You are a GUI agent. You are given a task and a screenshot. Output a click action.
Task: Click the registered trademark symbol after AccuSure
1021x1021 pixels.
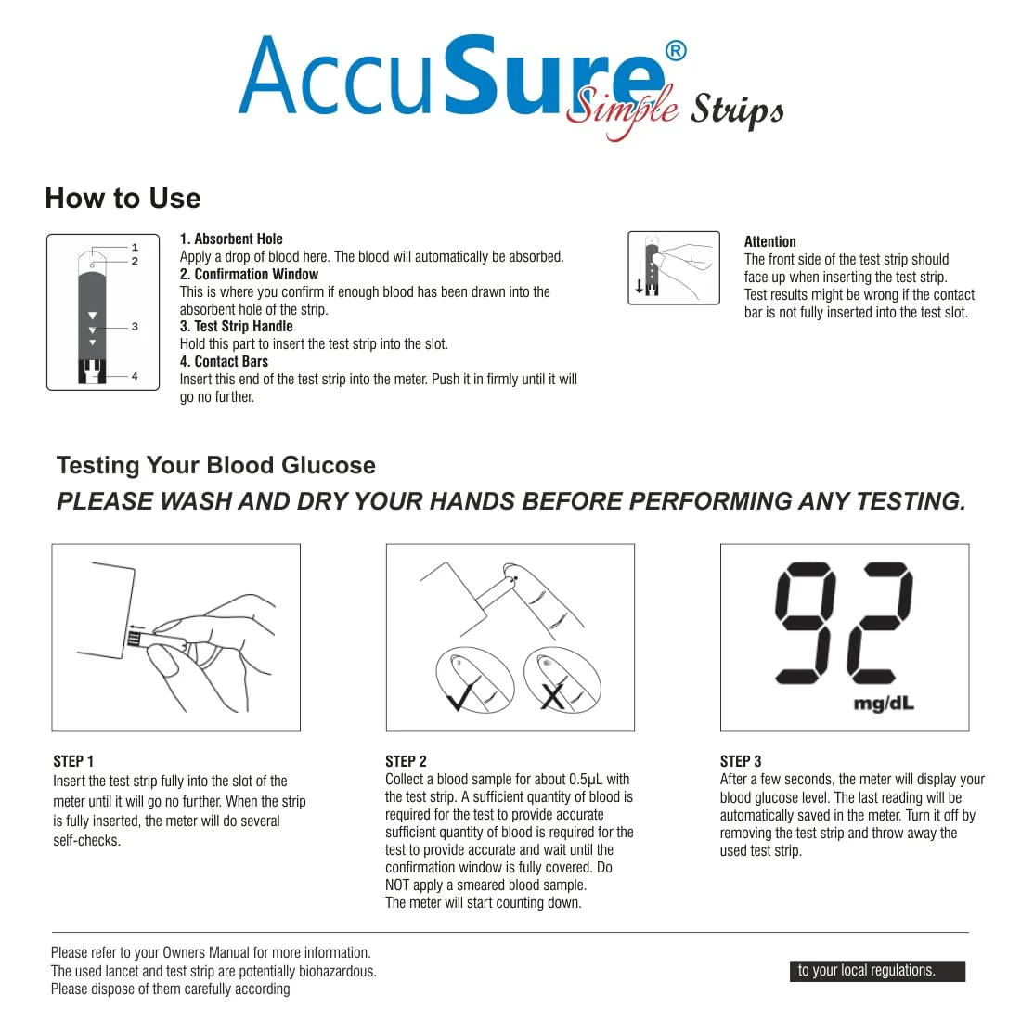[x=676, y=50]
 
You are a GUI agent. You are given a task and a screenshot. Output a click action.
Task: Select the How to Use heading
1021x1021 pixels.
[x=123, y=199]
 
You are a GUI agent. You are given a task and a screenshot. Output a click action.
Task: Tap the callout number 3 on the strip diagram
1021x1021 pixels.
[x=135, y=327]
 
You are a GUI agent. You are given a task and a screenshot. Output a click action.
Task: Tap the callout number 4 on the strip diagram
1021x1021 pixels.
[x=135, y=376]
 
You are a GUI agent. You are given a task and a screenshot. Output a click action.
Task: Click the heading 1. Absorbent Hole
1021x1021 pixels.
[x=231, y=239]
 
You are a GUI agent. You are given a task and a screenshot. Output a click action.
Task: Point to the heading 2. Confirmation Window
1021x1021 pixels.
[x=249, y=275]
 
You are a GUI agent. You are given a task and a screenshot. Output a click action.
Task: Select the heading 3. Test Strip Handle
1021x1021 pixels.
[x=236, y=327]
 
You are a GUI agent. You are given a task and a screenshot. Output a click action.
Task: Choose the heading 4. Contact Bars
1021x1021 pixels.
[x=224, y=362]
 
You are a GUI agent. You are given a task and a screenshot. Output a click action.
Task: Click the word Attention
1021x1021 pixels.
[x=769, y=241]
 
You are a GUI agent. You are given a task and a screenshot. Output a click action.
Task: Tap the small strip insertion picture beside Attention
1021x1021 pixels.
[x=673, y=267]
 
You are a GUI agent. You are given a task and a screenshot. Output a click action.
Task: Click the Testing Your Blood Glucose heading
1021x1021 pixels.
[x=215, y=466]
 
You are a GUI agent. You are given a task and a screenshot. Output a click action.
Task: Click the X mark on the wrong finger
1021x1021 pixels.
[x=553, y=694]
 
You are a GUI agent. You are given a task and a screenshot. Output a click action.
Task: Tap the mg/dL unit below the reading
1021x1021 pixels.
[x=883, y=704]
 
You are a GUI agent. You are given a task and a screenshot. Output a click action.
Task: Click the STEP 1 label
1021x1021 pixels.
[x=73, y=761]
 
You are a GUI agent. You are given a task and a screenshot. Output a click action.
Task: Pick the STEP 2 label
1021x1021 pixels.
[x=406, y=761]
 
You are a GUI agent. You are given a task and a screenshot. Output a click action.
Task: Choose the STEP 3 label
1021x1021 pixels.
[x=741, y=761]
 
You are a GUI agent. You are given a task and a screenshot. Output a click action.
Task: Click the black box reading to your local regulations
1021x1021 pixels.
[x=876, y=971]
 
